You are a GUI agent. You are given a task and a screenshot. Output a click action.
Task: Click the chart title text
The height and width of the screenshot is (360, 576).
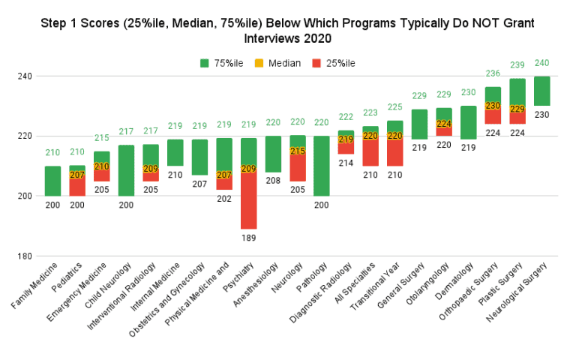pos(288,31)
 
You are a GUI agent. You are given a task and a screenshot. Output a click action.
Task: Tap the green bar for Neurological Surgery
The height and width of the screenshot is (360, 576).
pos(542,91)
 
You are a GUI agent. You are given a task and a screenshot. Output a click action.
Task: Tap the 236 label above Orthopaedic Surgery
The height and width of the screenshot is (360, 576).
pos(493,73)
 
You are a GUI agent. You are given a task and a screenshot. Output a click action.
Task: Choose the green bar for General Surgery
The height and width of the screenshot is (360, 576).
pos(420,124)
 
